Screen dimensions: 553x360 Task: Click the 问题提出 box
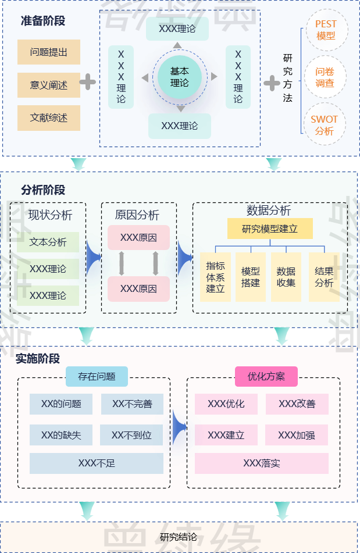48,52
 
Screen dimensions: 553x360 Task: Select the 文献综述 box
48,118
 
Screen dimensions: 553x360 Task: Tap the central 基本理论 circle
180,77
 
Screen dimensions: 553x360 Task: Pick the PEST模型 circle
326,30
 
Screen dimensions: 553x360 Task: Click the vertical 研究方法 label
288,78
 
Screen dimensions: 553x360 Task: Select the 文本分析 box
48,242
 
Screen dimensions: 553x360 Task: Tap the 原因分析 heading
137,215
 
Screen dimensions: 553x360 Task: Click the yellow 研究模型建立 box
270,229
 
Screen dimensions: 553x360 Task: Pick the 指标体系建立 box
215,277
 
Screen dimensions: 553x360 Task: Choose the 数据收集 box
286,277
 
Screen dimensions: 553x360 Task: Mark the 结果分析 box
324,277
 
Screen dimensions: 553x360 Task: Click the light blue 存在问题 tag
97,376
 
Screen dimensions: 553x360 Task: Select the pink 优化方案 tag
266,376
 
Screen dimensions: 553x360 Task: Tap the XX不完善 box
132,404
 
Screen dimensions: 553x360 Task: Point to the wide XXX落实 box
262,463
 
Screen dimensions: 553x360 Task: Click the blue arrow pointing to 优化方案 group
179,428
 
